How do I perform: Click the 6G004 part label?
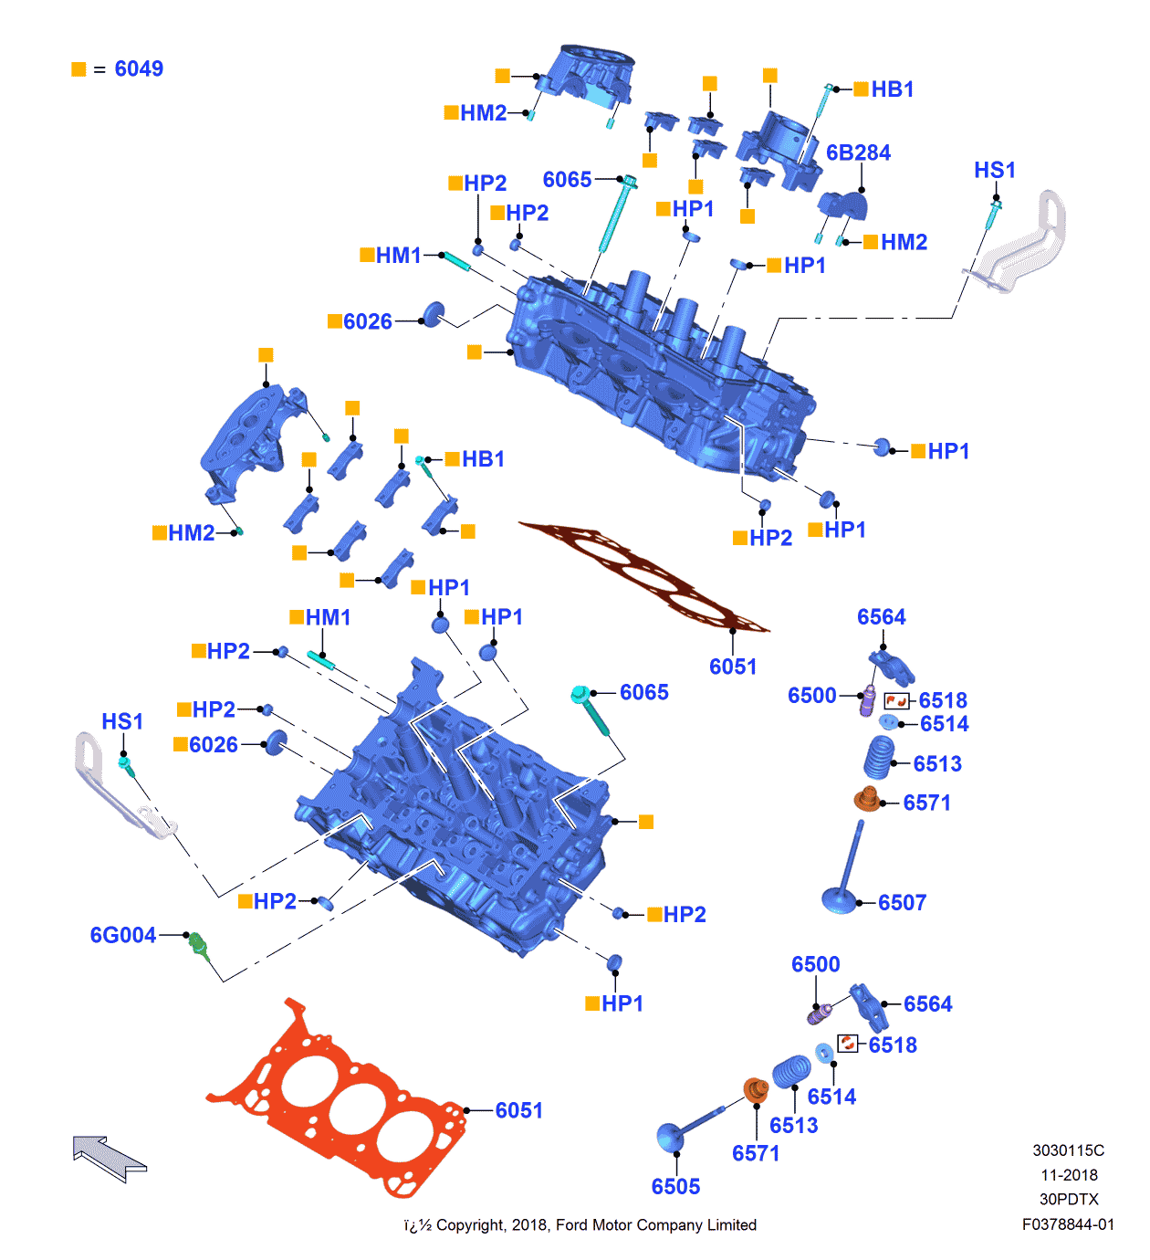tap(122, 935)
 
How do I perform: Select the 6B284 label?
tap(858, 152)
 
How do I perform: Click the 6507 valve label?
tap(902, 903)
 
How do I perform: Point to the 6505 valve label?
tap(675, 1186)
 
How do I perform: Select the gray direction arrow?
tap(108, 1157)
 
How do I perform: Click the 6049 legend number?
tap(139, 69)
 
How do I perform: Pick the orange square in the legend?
tap(78, 69)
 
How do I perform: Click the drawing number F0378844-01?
tap(1068, 1224)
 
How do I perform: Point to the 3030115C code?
tap(1068, 1150)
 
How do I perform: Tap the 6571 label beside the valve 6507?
tap(926, 803)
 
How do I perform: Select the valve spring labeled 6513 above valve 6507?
tap(879, 758)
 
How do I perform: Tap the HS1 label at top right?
tap(994, 171)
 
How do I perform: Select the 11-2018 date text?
tap(1069, 1175)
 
